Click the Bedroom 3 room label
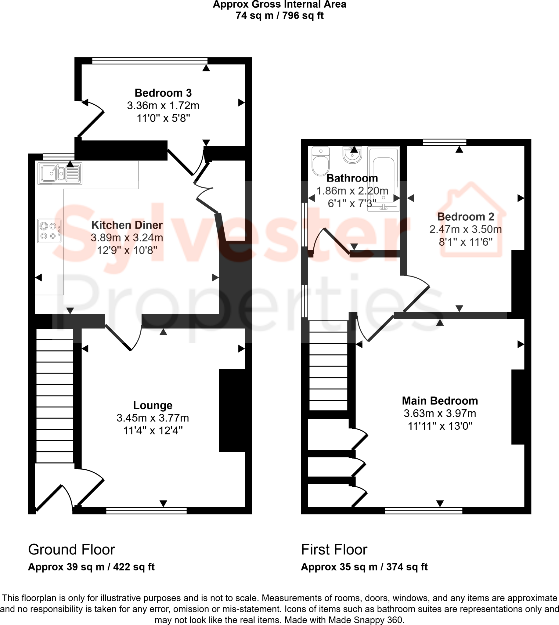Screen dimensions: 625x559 (x=163, y=93)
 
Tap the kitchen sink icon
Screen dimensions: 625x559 (x=60, y=174)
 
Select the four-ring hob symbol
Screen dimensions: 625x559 (x=49, y=231)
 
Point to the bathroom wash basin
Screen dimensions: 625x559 (x=352, y=155)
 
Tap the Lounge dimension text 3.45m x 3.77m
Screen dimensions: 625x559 (x=153, y=418)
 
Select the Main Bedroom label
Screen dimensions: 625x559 (x=440, y=401)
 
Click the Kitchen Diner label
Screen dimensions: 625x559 (x=127, y=225)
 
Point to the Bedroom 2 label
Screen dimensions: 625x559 (x=465, y=217)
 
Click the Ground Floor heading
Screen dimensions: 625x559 (x=71, y=550)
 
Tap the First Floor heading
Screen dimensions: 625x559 (x=334, y=550)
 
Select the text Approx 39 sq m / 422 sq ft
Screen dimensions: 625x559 (x=91, y=567)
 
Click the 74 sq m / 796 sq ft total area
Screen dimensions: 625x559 (x=279, y=15)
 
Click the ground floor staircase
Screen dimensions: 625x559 (x=55, y=396)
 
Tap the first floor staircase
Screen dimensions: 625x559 (x=328, y=366)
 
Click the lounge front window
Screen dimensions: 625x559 (x=146, y=511)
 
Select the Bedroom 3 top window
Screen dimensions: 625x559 (x=150, y=61)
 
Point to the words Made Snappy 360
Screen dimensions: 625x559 (x=365, y=620)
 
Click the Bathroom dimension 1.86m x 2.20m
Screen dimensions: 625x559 (x=352, y=191)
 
